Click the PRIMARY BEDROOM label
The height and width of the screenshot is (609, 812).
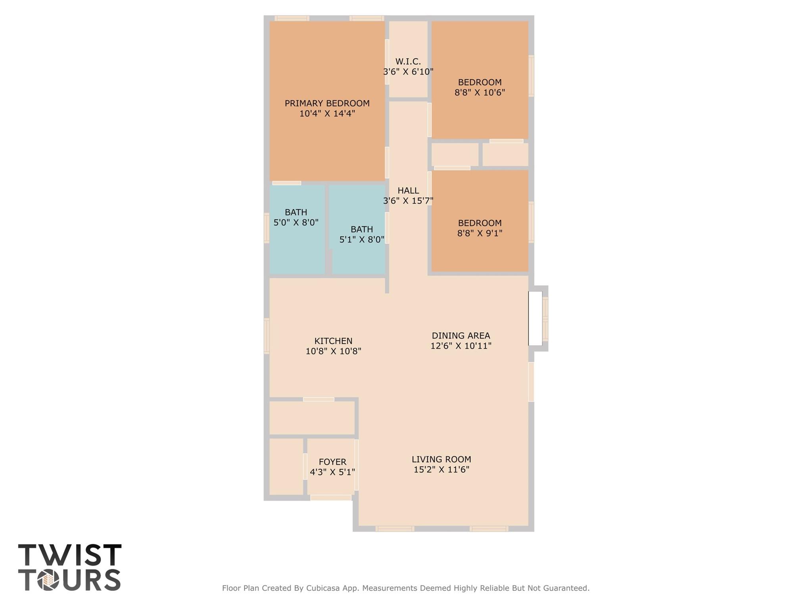pyautogui.click(x=327, y=103)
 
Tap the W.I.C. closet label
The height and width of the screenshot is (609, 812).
pyautogui.click(x=408, y=61)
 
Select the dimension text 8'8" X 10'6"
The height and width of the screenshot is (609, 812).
pyautogui.click(x=480, y=92)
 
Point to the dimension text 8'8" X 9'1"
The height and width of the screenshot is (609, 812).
pyautogui.click(x=480, y=233)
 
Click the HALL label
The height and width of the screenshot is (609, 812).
pyautogui.click(x=408, y=190)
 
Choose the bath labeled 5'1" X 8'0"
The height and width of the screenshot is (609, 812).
pyautogui.click(x=361, y=234)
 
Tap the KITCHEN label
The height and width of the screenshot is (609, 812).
pyautogui.click(x=333, y=341)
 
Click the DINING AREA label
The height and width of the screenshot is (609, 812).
pyautogui.click(x=461, y=336)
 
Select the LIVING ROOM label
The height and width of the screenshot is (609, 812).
pyautogui.click(x=441, y=459)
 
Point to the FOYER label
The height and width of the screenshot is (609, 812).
pyautogui.click(x=332, y=462)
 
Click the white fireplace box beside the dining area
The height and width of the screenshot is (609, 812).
pyautogui.click(x=535, y=318)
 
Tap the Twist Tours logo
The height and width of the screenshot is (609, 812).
pyautogui.click(x=69, y=567)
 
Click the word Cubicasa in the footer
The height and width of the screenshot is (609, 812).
pyautogui.click(x=321, y=588)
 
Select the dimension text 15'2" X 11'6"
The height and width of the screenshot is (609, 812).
pyautogui.click(x=441, y=470)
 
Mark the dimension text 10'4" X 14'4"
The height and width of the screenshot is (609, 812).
pyautogui.click(x=327, y=114)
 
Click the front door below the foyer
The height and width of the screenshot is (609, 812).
pyautogui.click(x=331, y=498)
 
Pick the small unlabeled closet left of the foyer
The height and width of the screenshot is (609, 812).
pyautogui.click(x=286, y=467)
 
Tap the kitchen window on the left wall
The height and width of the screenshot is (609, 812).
pyautogui.click(x=267, y=336)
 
